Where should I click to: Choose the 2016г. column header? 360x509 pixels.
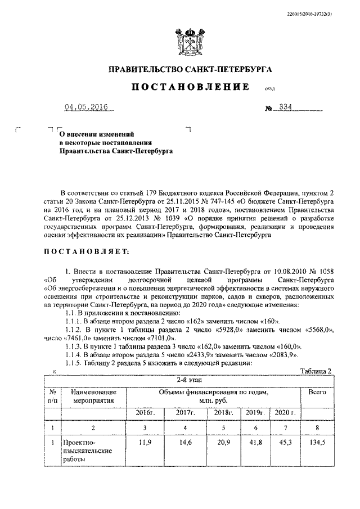tap(145, 413)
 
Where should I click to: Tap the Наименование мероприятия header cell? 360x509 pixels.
tap(93, 396)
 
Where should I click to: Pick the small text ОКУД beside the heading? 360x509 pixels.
tap(268, 89)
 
